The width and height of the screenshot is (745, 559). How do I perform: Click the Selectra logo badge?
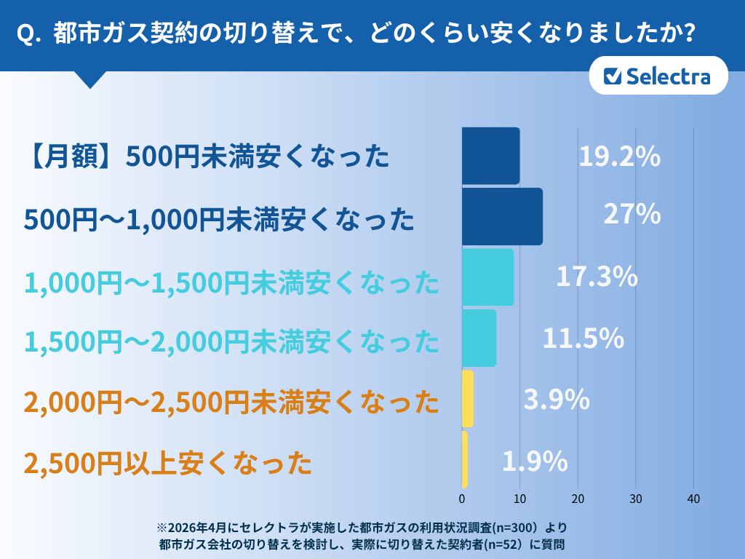click(x=658, y=76)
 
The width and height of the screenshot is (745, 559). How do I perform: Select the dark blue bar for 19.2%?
click(x=490, y=156)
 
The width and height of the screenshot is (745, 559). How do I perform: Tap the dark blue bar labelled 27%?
click(x=502, y=216)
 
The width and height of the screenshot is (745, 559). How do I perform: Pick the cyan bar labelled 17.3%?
click(x=487, y=277)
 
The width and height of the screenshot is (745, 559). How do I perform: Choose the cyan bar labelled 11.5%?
click(x=479, y=338)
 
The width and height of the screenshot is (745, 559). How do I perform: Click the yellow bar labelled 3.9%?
click(x=468, y=399)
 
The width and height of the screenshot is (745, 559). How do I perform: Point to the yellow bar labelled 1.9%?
click(x=465, y=459)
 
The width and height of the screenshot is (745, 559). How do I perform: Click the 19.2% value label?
click(x=619, y=156)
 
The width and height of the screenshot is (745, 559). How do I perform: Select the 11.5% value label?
click(x=583, y=338)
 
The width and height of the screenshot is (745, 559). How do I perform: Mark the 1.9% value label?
click(x=535, y=461)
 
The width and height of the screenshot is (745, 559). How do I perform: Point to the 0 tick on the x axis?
click(x=462, y=499)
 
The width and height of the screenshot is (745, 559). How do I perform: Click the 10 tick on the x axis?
click(x=519, y=499)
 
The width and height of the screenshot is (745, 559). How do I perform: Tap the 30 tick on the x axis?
click(x=636, y=499)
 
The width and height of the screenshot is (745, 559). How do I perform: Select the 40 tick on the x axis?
click(x=693, y=499)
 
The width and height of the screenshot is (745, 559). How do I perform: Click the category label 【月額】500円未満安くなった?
click(x=207, y=156)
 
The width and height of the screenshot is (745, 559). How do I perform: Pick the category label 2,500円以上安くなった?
click(x=168, y=462)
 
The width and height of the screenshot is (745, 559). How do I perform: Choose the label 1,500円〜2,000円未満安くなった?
click(x=231, y=340)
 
